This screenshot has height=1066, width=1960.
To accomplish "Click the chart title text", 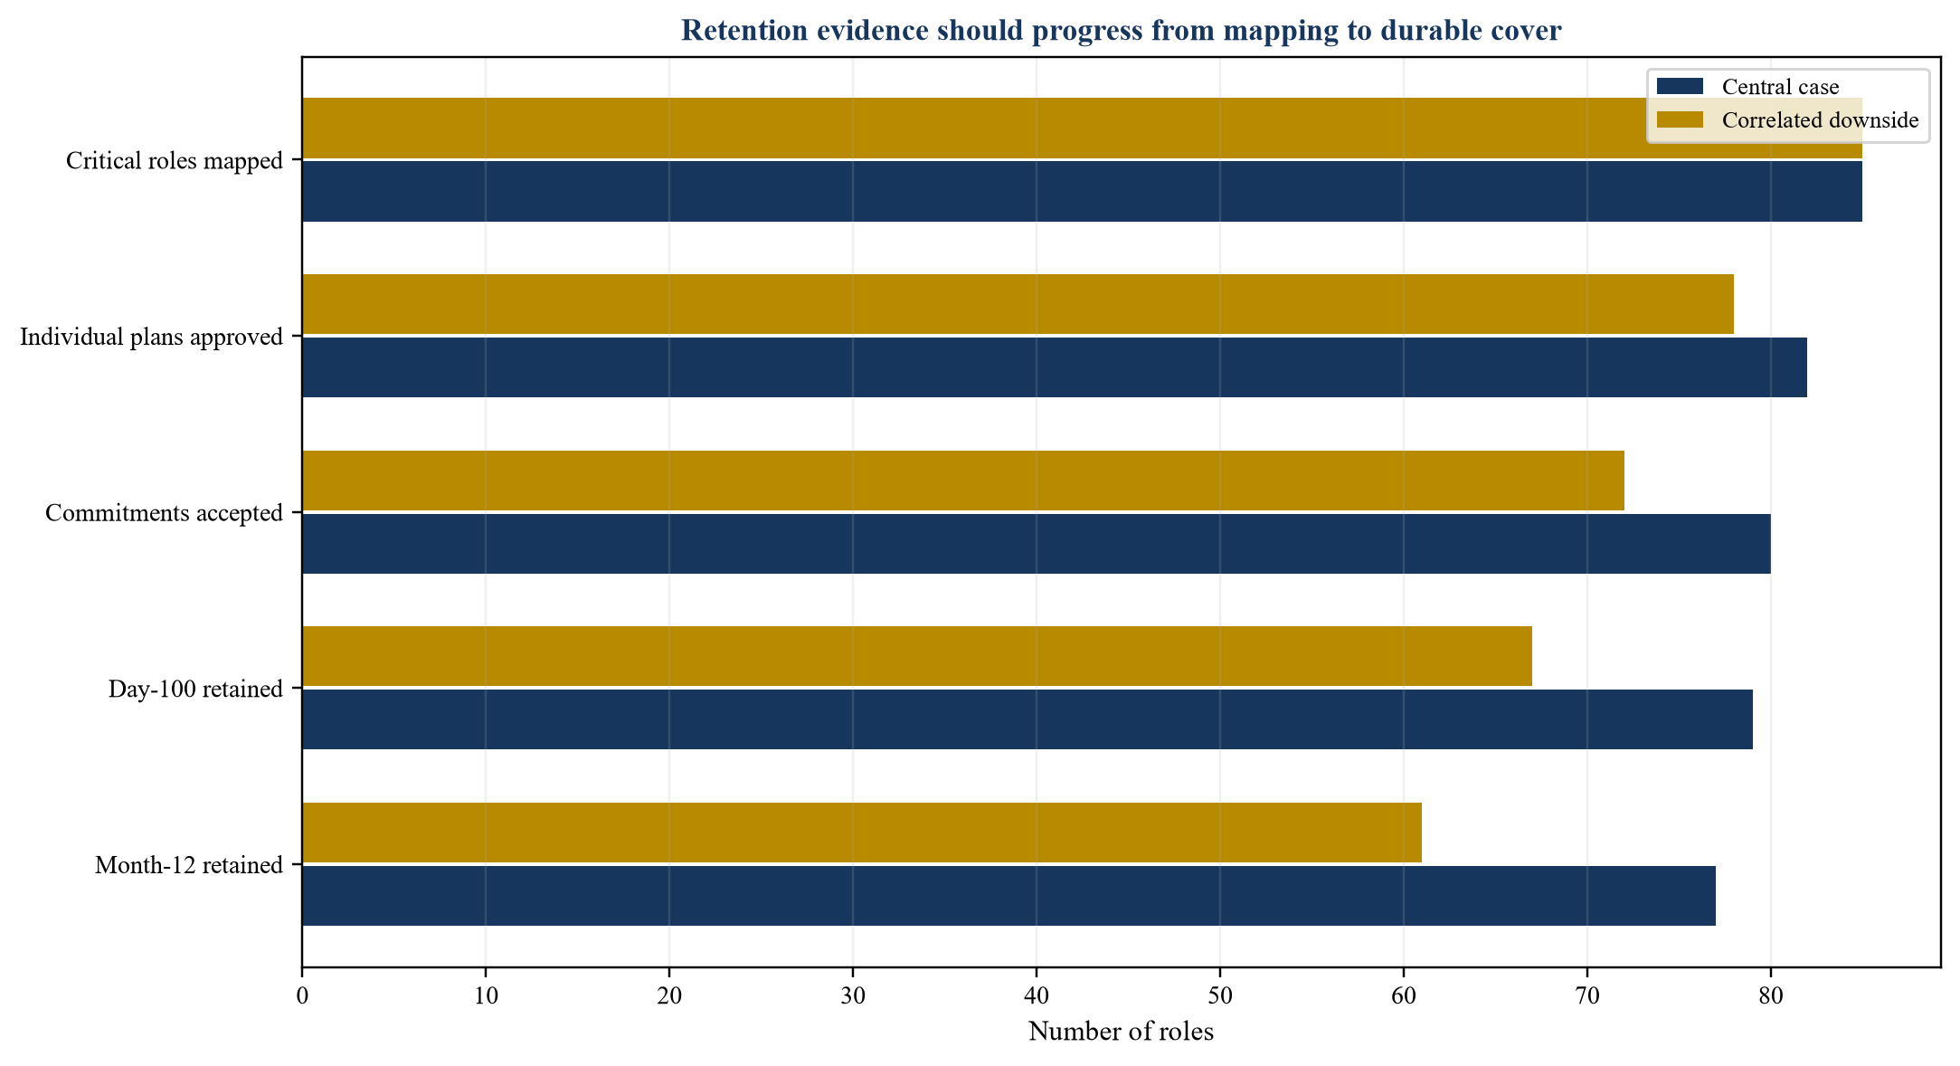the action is (x=1121, y=31).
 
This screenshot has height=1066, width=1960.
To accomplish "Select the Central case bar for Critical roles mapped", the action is (x=1082, y=191).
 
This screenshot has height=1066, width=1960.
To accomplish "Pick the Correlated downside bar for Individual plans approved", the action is (x=1018, y=304).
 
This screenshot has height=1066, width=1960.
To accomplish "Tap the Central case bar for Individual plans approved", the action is (x=1055, y=367).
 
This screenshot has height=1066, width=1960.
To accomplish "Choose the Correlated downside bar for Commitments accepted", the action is (x=963, y=481).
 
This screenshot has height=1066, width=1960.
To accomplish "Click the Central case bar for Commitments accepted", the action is (x=1037, y=544).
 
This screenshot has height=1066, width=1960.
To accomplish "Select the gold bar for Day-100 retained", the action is (x=917, y=656).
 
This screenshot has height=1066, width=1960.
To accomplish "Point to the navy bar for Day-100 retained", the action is (x=1027, y=719).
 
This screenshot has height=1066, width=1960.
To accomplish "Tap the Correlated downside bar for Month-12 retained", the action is (x=862, y=833).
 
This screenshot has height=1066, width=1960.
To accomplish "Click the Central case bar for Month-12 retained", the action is (x=1008, y=896).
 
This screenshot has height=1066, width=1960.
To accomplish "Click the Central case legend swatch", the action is (x=1680, y=87).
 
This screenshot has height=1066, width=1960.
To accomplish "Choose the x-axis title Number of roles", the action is (x=1122, y=1032).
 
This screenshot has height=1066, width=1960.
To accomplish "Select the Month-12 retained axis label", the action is (x=189, y=866).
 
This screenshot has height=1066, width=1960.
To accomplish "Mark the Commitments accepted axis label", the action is (x=165, y=514).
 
